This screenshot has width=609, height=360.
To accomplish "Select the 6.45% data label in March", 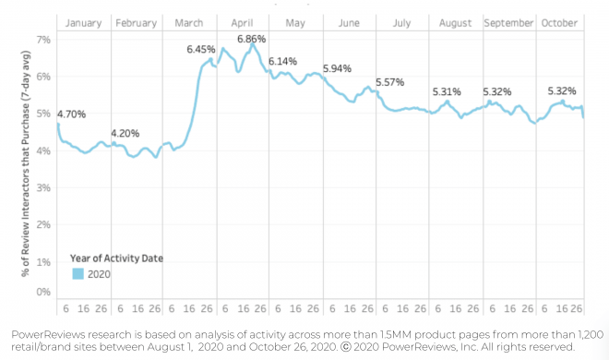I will (x=200, y=49).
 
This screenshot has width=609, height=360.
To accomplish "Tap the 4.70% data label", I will (x=71, y=114).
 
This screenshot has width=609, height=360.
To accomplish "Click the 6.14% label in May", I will (x=283, y=61).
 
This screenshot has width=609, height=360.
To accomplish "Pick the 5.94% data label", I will (x=338, y=69).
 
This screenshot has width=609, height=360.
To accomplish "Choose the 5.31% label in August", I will (x=448, y=91).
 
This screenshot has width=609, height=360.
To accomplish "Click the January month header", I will (x=84, y=22).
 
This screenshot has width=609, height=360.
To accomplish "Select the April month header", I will (x=243, y=22).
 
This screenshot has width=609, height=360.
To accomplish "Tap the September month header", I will (x=508, y=22).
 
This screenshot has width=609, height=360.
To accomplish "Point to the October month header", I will (x=560, y=22).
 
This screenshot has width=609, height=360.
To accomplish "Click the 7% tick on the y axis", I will (x=42, y=40).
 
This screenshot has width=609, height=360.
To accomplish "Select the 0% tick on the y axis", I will (x=42, y=293).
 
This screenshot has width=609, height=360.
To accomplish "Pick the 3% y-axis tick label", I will (x=42, y=187).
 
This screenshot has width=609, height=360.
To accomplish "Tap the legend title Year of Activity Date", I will (x=117, y=258).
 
